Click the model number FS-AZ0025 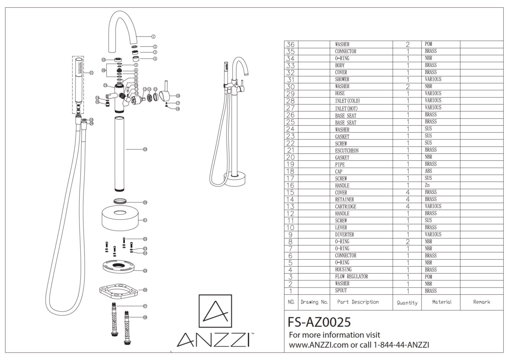319,322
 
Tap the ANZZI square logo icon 215,311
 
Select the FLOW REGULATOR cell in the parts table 351,276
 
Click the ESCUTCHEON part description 347,150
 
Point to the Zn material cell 427,185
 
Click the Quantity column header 407,303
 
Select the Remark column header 482,302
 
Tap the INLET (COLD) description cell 347,101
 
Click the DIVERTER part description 344,234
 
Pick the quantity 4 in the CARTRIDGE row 407,206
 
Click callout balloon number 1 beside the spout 153,37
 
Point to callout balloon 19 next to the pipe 145,149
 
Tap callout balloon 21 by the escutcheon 145,220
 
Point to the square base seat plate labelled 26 119,290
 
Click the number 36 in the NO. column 290,44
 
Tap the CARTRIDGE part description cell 345,206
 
